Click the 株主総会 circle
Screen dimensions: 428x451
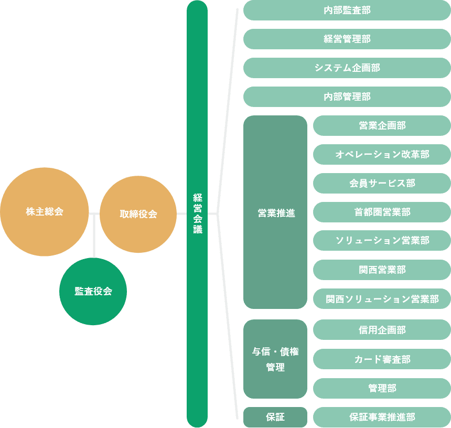point(45,212)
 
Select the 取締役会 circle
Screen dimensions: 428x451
point(138,214)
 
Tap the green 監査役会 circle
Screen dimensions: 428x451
point(93,292)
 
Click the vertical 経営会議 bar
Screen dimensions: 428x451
point(197,213)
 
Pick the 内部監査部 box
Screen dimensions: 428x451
point(347,10)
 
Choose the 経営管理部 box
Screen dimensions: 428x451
point(347,39)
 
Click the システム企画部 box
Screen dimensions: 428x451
point(347,68)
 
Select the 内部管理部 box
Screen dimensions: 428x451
point(347,97)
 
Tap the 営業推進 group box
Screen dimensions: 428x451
point(275,212)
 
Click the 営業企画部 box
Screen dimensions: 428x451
point(382,125)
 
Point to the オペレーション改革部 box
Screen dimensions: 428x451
point(382,154)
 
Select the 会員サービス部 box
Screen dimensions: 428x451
point(382,183)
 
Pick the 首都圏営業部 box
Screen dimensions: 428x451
point(382,212)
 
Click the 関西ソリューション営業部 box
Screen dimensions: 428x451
point(382,298)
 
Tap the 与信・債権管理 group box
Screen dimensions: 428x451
point(275,359)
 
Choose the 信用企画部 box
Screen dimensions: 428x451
point(382,330)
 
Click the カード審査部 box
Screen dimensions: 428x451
point(382,359)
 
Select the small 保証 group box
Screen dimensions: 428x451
point(275,417)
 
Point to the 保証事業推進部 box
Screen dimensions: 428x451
point(382,417)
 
